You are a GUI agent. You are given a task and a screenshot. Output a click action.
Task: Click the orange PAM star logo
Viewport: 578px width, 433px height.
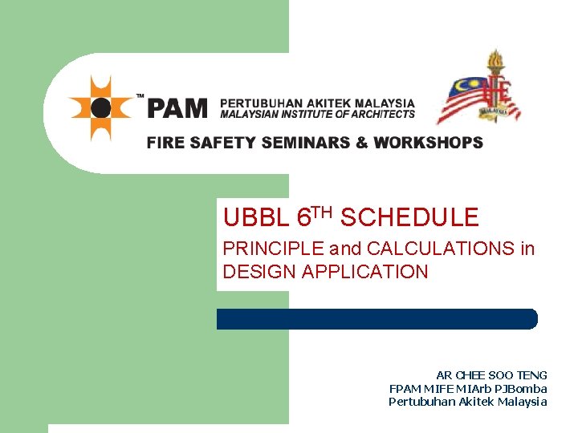click(x=100, y=107)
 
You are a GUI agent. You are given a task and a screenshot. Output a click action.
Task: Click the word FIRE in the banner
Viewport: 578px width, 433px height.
click(x=165, y=144)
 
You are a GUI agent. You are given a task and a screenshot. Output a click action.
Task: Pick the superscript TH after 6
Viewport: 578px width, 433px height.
click(x=321, y=212)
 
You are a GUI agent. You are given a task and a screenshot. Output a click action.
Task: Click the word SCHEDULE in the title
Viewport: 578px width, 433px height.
click(x=409, y=217)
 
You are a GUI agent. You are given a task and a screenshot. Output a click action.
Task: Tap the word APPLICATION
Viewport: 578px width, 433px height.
click(x=365, y=272)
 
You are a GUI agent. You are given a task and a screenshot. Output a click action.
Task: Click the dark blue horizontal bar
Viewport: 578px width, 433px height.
click(x=377, y=318)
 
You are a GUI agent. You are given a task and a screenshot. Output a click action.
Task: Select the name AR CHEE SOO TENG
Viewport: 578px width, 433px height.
click(x=491, y=375)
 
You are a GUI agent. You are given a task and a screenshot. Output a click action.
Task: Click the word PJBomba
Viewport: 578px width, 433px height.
click(x=526, y=389)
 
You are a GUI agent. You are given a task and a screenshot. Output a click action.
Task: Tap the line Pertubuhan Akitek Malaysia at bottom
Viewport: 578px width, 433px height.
click(x=468, y=402)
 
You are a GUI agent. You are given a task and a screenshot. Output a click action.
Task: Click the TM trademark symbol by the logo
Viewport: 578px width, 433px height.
click(x=140, y=95)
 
